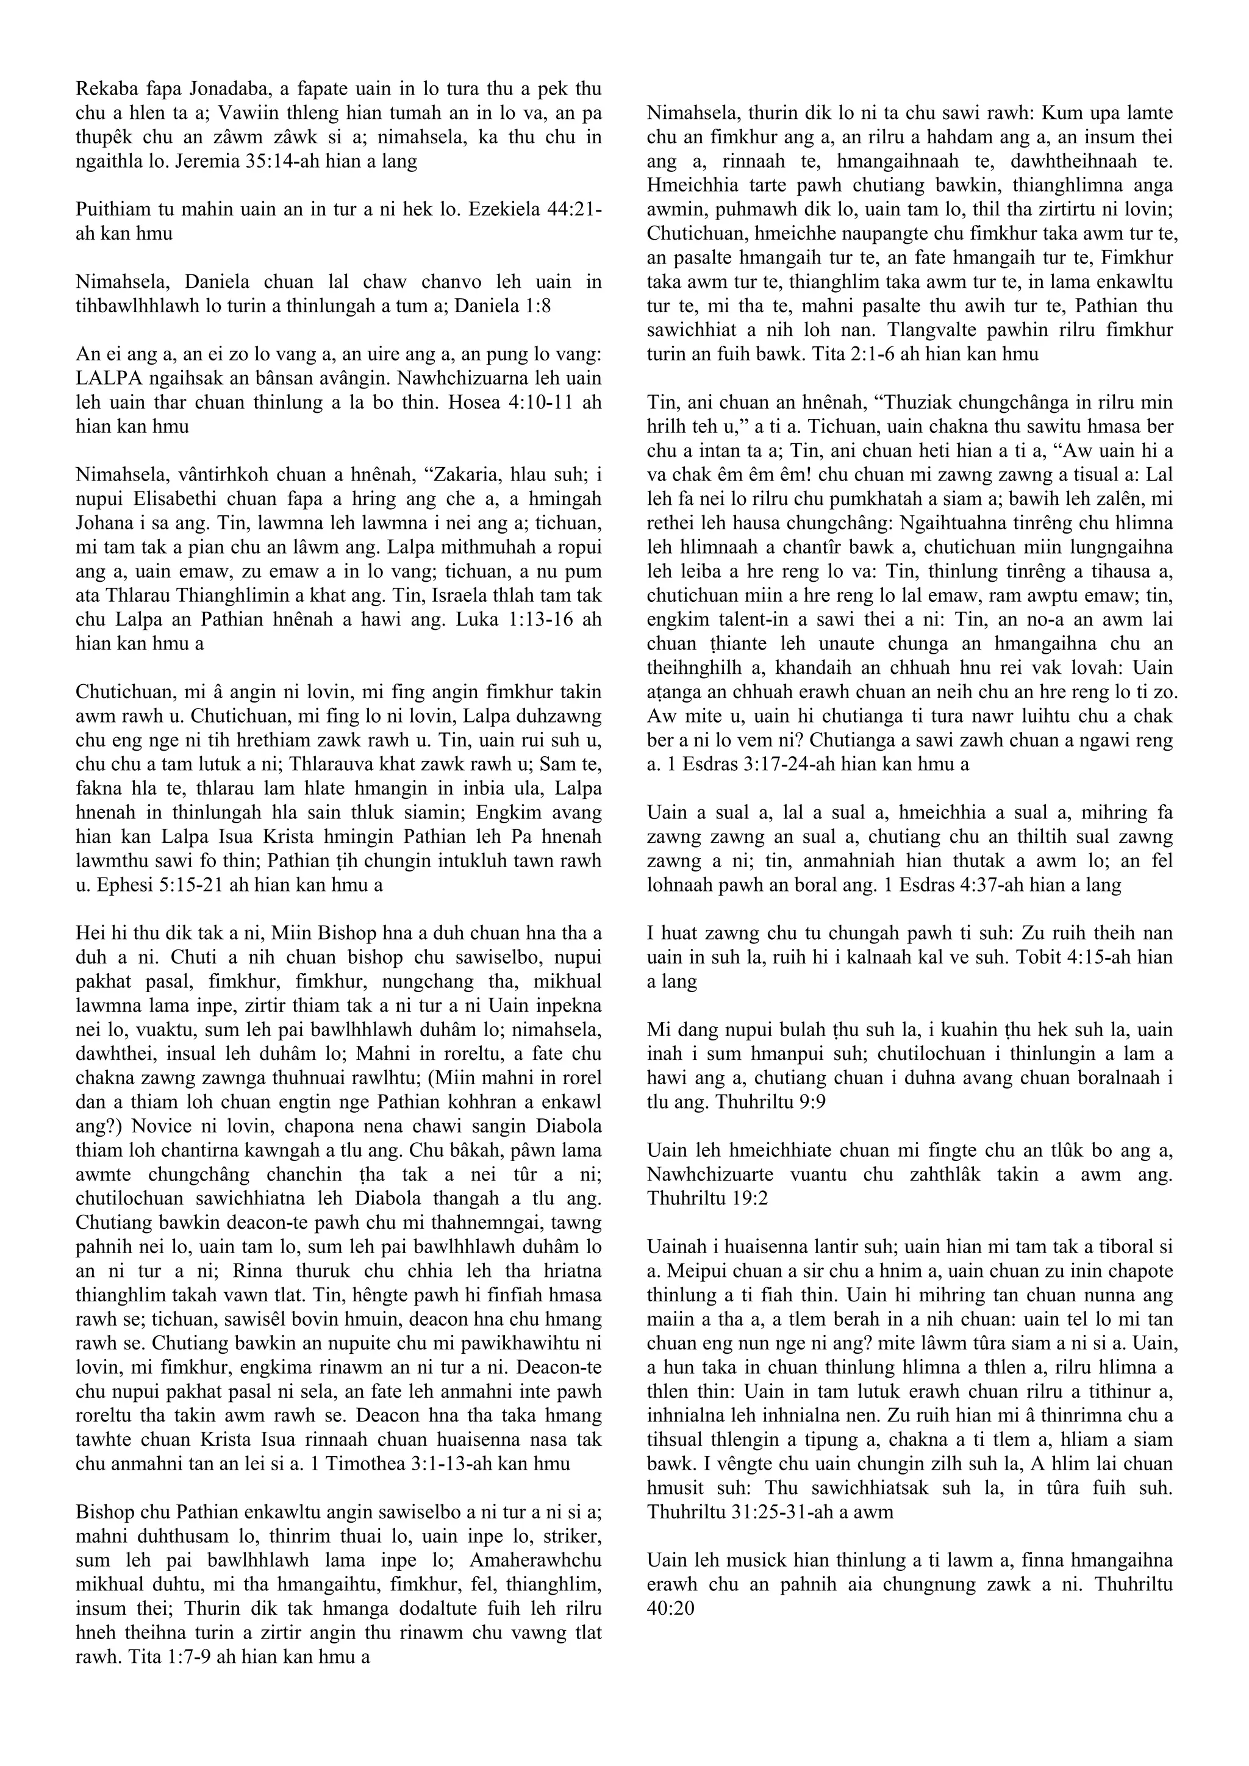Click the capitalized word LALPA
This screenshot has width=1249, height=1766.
click(108, 379)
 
